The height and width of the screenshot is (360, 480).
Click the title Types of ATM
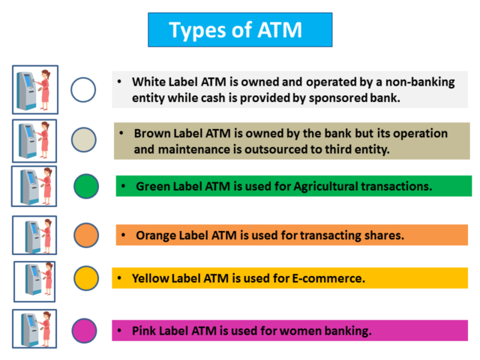(x=235, y=30)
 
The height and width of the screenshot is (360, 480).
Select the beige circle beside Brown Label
(x=83, y=140)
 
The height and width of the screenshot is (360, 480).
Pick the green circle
(x=86, y=186)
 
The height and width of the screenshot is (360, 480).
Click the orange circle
(x=86, y=235)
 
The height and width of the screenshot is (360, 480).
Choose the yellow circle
(x=86, y=278)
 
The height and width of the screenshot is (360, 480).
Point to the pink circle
(x=84, y=331)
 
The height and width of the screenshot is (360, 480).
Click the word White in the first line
(x=149, y=82)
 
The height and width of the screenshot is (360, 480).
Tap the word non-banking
(x=420, y=82)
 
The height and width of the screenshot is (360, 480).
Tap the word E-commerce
(x=328, y=278)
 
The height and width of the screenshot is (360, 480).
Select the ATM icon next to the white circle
(x=35, y=90)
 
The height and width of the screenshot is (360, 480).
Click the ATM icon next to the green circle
(x=34, y=187)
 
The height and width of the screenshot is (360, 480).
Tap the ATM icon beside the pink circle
(x=34, y=328)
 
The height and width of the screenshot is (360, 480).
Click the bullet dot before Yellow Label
(x=120, y=278)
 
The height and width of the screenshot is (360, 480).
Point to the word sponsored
(x=338, y=98)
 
